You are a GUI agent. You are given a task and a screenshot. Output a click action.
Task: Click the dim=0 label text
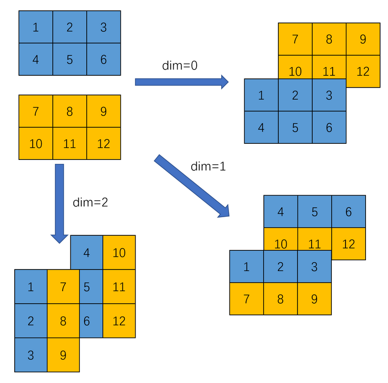click(x=180, y=66)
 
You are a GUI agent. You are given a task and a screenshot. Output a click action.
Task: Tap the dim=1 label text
click(x=208, y=166)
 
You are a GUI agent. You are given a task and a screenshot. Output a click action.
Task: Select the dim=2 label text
click(x=90, y=202)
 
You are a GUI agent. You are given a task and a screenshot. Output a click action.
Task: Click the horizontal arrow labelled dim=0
click(x=182, y=82)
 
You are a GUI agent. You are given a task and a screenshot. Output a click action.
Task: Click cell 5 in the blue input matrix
click(x=69, y=59)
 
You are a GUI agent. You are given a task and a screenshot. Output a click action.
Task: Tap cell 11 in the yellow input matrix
click(x=69, y=143)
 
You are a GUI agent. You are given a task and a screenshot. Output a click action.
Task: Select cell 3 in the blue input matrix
click(x=103, y=27)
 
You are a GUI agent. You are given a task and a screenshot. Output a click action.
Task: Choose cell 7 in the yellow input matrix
click(x=36, y=111)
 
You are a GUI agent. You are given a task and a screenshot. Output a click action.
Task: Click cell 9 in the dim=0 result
click(x=363, y=39)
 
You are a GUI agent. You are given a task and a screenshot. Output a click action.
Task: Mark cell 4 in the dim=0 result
click(x=261, y=127)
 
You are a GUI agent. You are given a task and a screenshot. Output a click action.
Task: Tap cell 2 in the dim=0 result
click(x=295, y=95)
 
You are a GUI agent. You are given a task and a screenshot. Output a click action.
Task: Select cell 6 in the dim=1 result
click(x=348, y=212)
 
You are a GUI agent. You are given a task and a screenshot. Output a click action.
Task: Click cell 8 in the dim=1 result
click(x=280, y=298)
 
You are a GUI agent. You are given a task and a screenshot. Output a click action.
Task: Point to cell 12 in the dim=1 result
click(x=348, y=243)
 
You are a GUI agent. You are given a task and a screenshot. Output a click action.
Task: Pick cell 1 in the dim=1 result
click(x=246, y=267)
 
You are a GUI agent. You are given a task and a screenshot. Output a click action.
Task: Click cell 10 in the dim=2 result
click(x=119, y=252)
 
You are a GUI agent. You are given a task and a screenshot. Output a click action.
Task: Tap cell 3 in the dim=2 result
click(x=31, y=355)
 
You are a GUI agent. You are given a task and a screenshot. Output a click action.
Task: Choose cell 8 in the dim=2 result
click(x=63, y=320)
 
